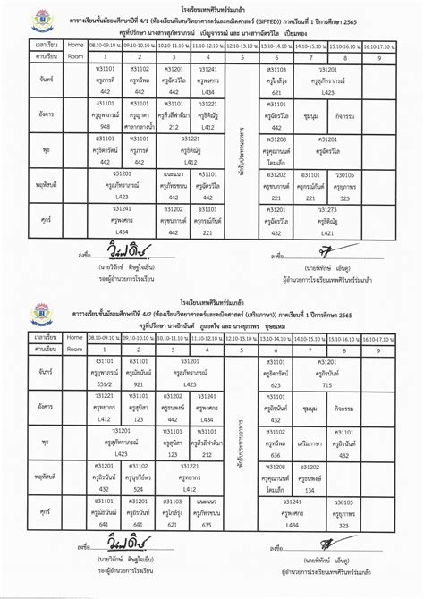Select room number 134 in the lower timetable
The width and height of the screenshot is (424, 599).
(310, 491)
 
